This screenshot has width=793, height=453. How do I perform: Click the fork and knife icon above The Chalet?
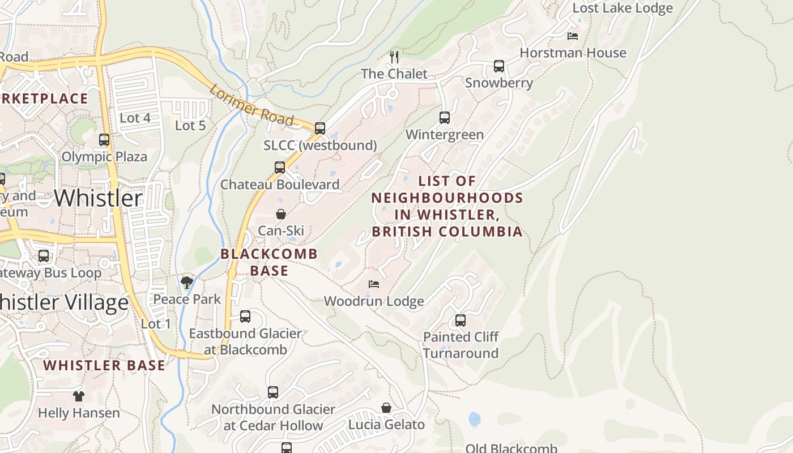pos(394,57)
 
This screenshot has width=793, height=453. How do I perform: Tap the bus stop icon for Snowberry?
pos(498,66)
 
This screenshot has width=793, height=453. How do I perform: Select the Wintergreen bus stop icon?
pos(445,118)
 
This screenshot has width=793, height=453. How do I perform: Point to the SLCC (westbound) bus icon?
pos(320,129)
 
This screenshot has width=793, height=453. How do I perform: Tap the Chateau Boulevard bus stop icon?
pos(280,168)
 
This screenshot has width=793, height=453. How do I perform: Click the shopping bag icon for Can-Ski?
pos(280,214)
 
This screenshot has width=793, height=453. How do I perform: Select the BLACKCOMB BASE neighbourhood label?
pos(269,262)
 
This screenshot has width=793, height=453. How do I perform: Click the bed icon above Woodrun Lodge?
pos(373,284)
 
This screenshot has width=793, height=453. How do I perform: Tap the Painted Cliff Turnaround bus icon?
pos(461,320)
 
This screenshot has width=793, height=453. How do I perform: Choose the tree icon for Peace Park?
pos(186,282)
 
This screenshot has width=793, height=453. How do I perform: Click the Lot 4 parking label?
pos(135,118)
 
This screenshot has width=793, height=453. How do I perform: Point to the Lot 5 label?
pos(190,125)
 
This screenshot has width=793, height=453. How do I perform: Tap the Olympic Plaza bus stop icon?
pos(104,140)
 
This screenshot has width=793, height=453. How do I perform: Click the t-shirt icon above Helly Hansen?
pos(79,396)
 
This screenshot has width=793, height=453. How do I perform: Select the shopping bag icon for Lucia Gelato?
pos(386,408)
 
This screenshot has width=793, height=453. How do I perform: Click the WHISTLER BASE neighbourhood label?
pos(104,365)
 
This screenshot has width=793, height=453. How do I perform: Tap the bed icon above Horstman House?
pos(573,36)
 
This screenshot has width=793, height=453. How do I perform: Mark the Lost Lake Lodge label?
pos(623,8)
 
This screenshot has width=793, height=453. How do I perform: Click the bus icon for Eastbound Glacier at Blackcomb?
pos(245,317)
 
